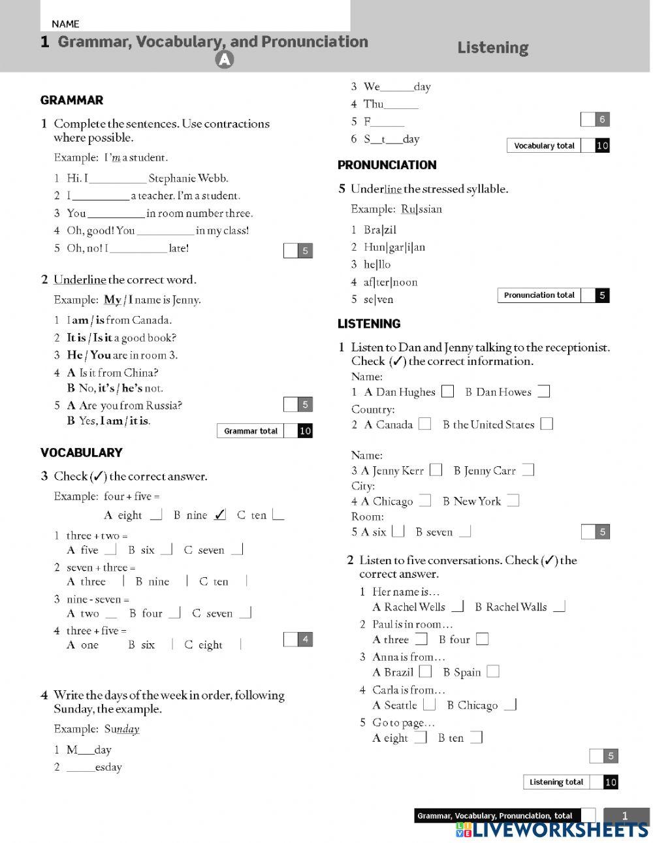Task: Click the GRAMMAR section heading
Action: (72, 100)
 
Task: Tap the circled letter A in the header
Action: (224, 59)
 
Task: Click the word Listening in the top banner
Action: (492, 48)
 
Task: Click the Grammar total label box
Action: (251, 431)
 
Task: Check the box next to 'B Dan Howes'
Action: (543, 392)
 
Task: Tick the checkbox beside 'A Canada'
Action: (425, 424)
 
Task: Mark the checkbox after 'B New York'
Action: (513, 501)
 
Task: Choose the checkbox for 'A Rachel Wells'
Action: (457, 607)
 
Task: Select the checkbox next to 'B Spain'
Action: (493, 671)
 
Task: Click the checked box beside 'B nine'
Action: (220, 515)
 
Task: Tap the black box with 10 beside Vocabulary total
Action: (602, 146)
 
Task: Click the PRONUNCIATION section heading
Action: (387, 165)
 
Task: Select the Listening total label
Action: (556, 782)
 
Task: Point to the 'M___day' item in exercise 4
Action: (89, 750)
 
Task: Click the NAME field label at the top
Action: (65, 24)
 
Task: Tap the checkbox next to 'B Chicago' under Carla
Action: (511, 705)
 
